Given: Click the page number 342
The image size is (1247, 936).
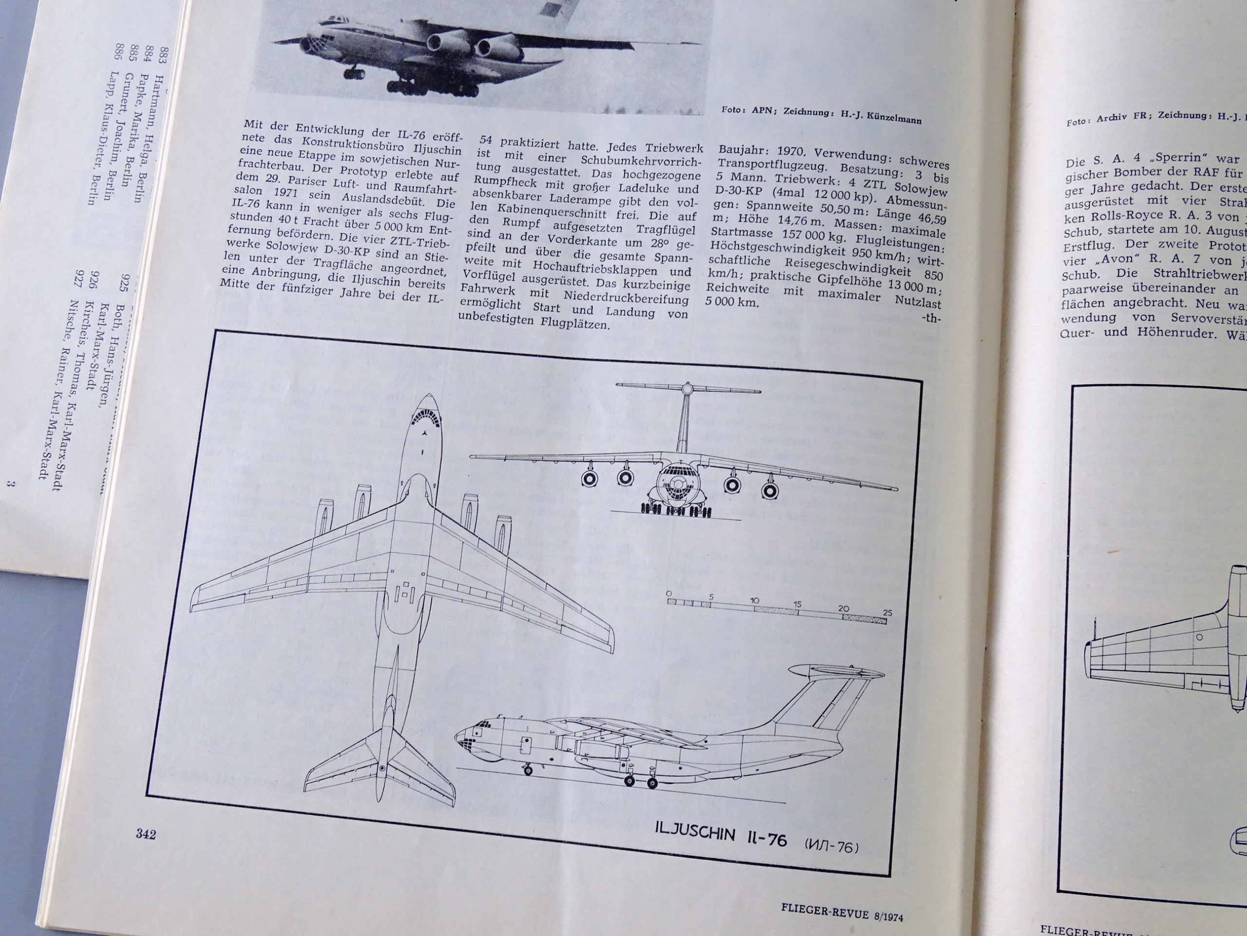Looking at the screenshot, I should point(146,834).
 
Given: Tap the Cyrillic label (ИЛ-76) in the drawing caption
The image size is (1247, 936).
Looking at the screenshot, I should point(831,847).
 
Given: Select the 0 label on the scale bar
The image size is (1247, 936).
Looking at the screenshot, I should point(669,594).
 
